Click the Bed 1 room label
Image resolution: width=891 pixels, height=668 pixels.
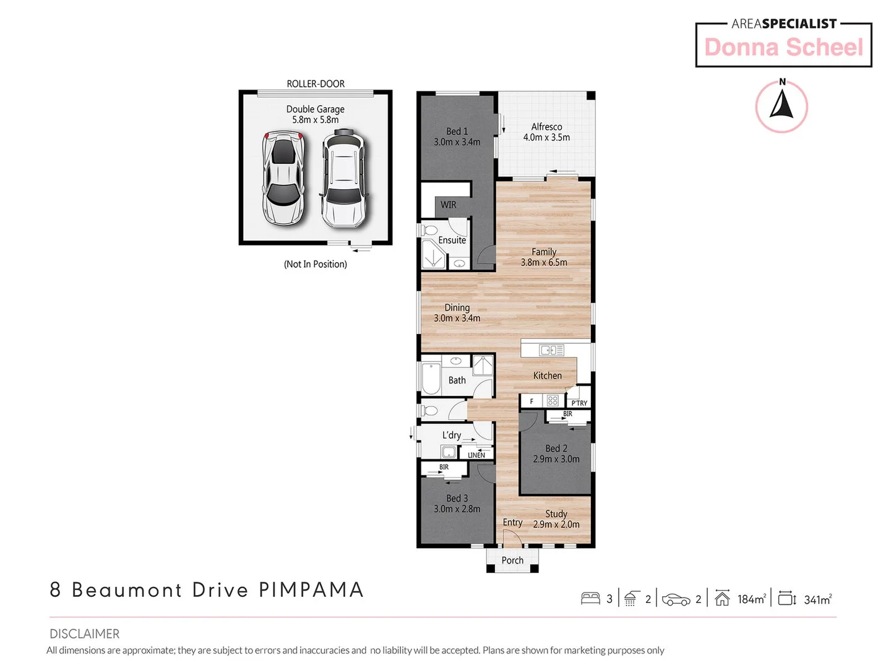tap(457, 132)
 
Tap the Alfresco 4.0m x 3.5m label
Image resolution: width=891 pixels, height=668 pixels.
tap(546, 132)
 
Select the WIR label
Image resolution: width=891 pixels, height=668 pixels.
tap(448, 205)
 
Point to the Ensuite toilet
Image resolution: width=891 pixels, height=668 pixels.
tap(429, 231)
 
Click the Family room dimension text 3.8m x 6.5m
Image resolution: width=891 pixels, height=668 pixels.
tap(544, 262)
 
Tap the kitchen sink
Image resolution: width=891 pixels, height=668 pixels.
tap(551, 350)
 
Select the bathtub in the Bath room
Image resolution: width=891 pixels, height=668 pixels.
tap(431, 378)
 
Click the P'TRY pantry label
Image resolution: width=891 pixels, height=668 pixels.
tap(579, 403)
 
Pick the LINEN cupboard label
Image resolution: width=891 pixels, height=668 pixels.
tap(476, 455)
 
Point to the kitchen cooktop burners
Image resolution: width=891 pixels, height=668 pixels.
tap(553, 401)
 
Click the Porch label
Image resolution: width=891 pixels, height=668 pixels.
tap(512, 560)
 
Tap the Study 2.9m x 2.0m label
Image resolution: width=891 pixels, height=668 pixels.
tap(556, 519)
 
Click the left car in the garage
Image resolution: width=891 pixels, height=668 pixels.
tap(283, 178)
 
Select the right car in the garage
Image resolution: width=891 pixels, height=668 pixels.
tap(343, 178)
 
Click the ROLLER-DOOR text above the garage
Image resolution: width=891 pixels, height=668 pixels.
tap(316, 84)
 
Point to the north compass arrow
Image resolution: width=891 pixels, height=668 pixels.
tap(781, 105)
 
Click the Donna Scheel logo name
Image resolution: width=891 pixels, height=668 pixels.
tap(783, 48)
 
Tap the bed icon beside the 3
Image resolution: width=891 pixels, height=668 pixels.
tap(590, 598)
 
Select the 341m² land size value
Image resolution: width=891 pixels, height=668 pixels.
tap(817, 599)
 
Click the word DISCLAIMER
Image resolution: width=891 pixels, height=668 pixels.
tap(85, 634)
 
